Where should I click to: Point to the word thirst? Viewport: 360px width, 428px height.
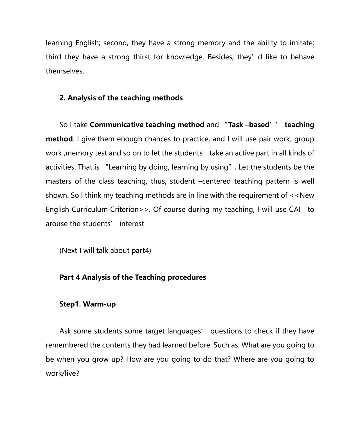point(141,57)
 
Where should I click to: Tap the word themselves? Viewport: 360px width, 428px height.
point(65,71)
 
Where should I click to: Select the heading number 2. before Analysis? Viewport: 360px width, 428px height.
point(62,98)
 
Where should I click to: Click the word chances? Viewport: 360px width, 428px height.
point(163,139)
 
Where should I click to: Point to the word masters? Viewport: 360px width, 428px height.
point(58,181)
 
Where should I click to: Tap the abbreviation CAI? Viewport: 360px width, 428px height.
point(295,210)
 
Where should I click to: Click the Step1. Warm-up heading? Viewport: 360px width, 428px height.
point(87,304)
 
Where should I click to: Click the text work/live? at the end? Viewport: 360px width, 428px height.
point(62,374)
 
